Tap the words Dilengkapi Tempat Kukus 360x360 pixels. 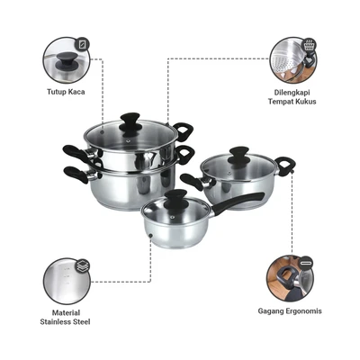(x=294, y=95)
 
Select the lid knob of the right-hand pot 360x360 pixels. (x=238, y=152)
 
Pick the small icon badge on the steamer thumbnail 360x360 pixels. (x=310, y=43)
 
